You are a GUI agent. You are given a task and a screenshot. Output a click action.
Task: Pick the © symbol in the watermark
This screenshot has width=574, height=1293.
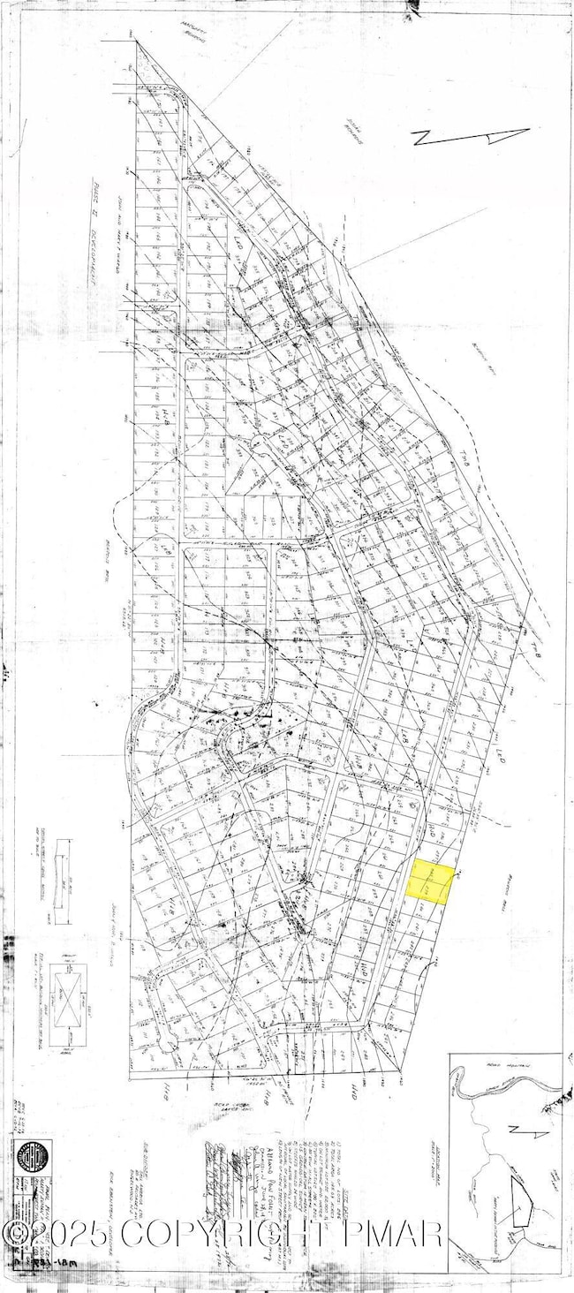(x=16, y=1232)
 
